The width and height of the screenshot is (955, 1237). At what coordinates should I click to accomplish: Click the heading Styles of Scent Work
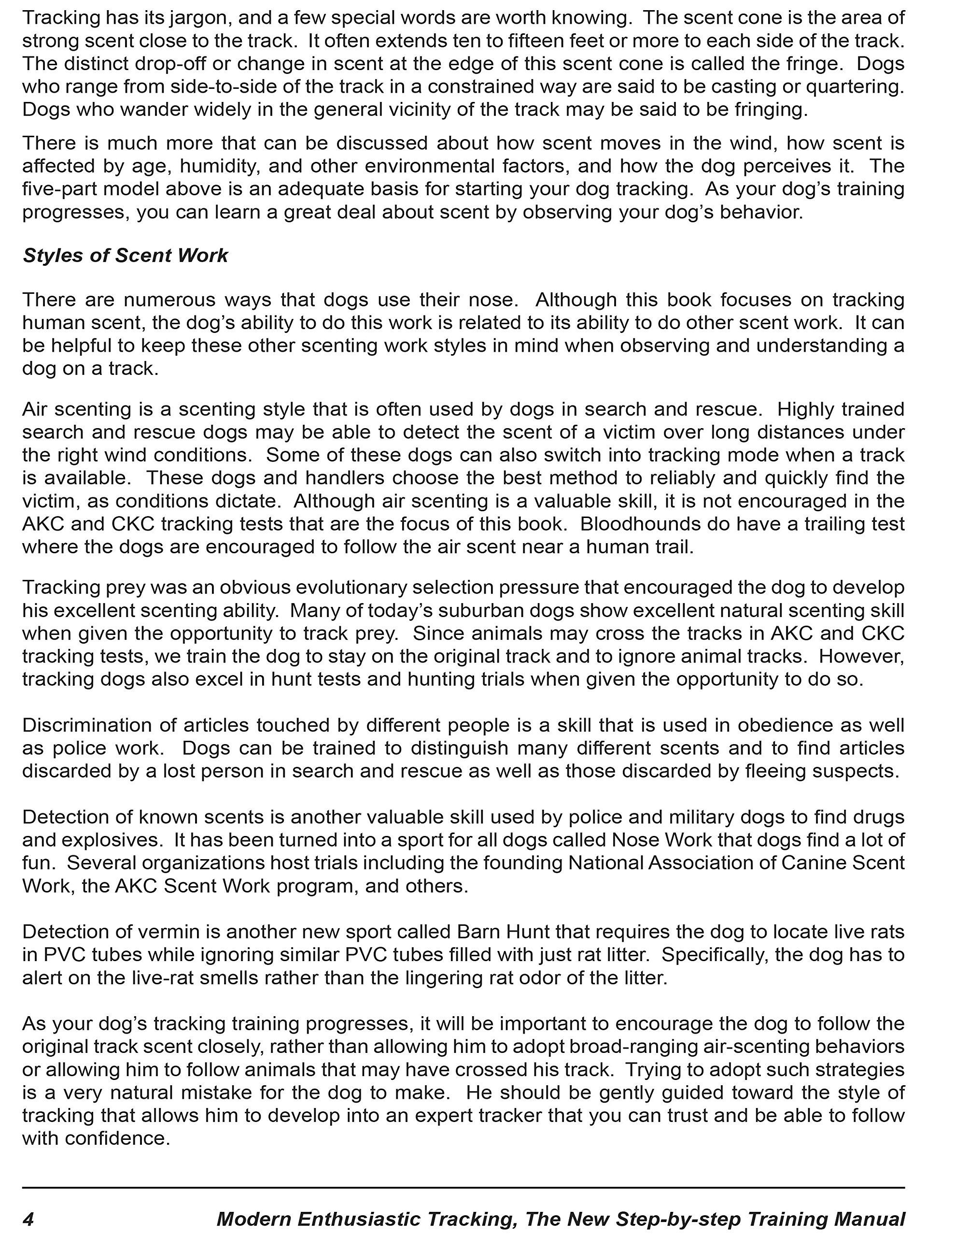tap(125, 256)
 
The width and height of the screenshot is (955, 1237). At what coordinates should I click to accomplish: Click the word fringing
tap(771, 109)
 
